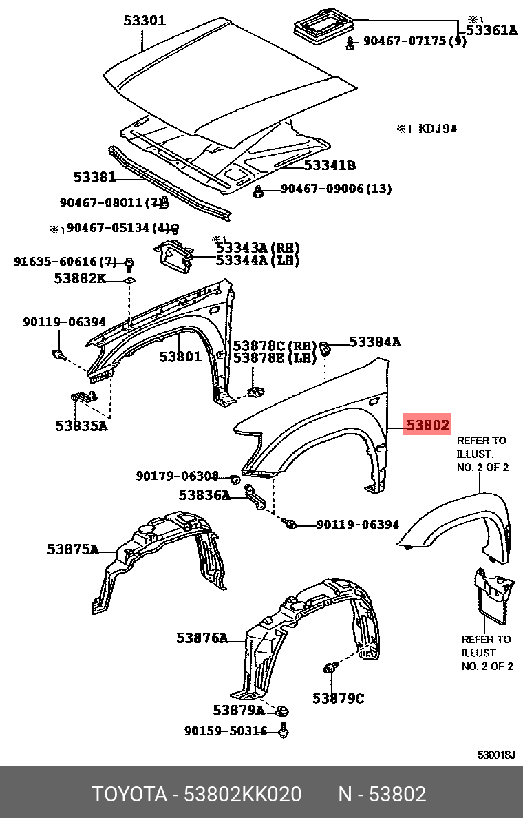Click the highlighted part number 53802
point(427,426)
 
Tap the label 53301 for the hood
point(145,21)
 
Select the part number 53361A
point(491,30)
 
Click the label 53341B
point(330,165)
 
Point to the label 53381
point(95,177)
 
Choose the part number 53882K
point(80,278)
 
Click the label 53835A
point(81,426)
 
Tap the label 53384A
point(374,342)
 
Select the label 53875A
point(72,549)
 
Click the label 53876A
point(202,638)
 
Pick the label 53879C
point(338,698)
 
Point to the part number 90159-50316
point(225,731)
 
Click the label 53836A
point(204,495)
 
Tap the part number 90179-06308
point(177,476)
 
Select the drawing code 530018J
point(496,755)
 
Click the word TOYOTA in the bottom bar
point(130,795)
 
